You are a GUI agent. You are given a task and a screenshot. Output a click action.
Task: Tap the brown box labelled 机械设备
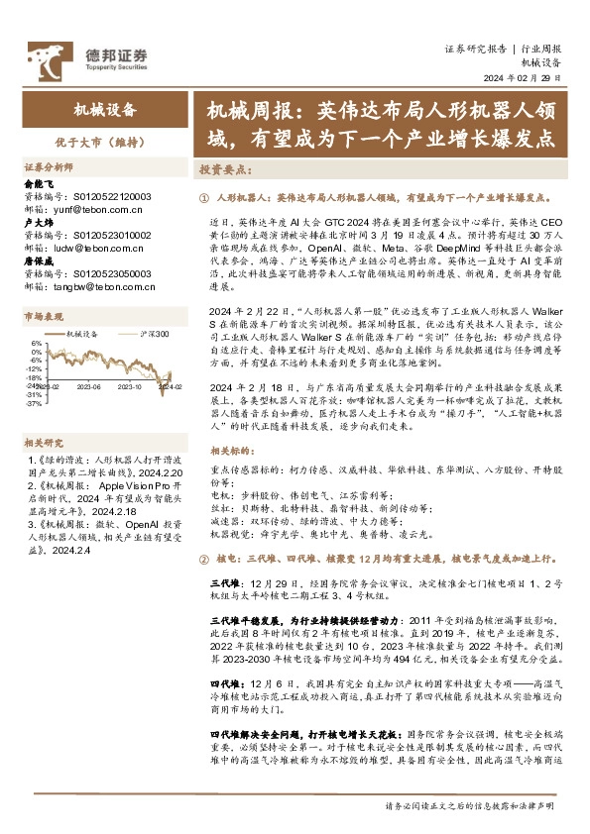[x=104, y=111]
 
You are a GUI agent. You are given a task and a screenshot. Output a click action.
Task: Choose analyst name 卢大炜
[x=38, y=223]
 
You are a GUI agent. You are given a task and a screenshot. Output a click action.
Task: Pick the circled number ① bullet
[x=204, y=199]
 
